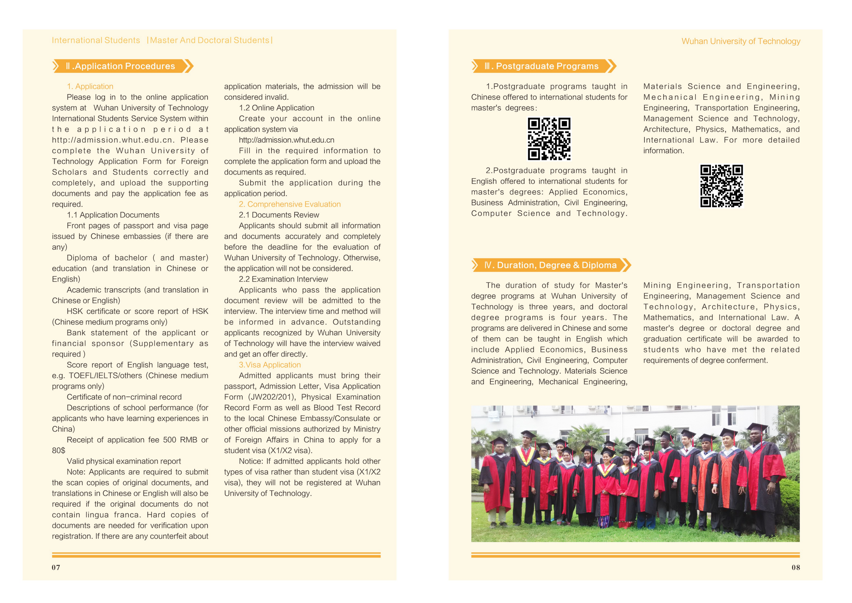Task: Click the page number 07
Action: click(56, 567)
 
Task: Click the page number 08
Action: click(795, 567)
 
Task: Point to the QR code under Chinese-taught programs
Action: click(549, 139)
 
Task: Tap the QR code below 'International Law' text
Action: click(721, 186)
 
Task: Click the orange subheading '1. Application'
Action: click(90, 86)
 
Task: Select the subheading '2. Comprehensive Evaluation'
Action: click(290, 204)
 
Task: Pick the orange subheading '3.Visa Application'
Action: click(270, 365)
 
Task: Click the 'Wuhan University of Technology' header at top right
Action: click(740, 41)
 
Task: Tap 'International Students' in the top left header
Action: click(96, 40)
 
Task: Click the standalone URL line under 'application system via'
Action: click(286, 140)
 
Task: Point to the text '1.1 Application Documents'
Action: click(113, 215)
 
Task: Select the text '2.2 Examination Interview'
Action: click(283, 279)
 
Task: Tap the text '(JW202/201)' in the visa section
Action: click(272, 397)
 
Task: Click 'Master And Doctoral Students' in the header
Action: click(210, 40)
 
